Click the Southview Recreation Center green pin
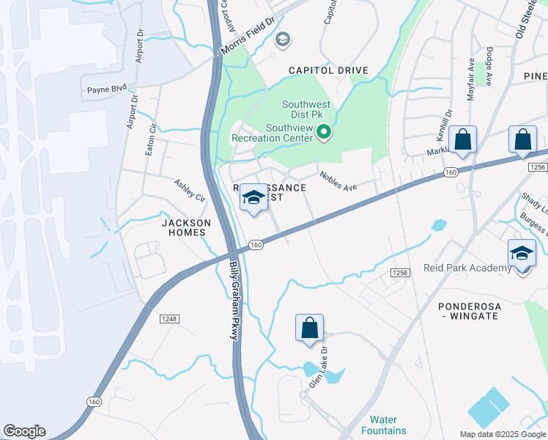323,133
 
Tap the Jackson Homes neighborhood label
186,227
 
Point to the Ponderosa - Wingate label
467,310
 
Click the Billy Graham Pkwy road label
234,301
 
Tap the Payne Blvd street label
107,89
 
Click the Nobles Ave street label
338,181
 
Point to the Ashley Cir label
190,190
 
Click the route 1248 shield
169,318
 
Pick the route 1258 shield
399,273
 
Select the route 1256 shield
537,167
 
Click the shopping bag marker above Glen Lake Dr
309,328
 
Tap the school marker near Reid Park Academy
522,254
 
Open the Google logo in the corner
24,431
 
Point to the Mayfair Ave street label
471,79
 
